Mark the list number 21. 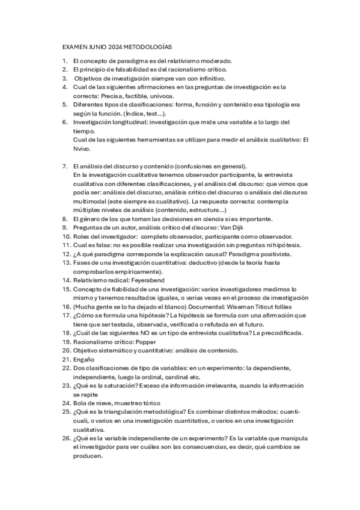click(66, 359)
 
